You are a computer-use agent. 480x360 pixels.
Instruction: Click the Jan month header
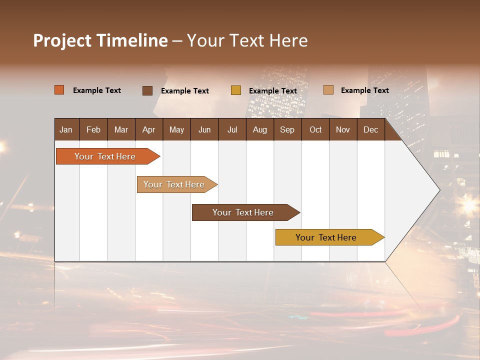(66, 129)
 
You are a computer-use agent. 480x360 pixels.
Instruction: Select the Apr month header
(148, 129)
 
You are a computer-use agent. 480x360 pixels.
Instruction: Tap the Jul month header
(232, 129)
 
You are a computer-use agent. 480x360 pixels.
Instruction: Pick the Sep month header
(287, 129)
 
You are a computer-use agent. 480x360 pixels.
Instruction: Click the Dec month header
(370, 129)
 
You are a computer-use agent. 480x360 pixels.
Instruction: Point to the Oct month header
(315, 129)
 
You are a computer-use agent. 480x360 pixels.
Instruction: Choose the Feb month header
(93, 129)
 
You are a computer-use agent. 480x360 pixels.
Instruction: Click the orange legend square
(59, 90)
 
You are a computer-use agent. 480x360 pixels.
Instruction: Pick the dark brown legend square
(147, 90)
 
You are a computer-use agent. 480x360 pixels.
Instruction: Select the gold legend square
(236, 90)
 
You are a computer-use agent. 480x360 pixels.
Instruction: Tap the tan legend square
(328, 90)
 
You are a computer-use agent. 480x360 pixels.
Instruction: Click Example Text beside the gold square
(273, 91)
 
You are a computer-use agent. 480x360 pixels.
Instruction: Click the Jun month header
(204, 129)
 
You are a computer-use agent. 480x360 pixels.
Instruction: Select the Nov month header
(342, 129)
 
